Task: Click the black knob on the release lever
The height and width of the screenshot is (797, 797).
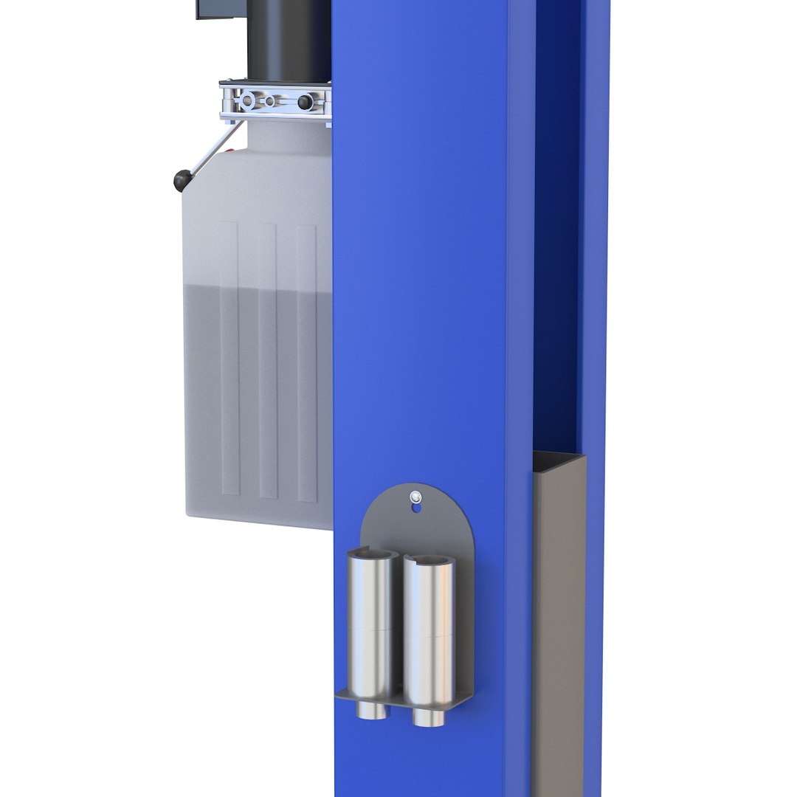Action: coord(182,180)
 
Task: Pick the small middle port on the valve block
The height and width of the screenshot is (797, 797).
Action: coord(271,101)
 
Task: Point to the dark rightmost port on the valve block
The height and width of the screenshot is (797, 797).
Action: coord(304,103)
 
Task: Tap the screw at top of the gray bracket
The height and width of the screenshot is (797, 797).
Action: coord(417,496)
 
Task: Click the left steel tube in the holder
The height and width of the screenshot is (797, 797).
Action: coord(373,627)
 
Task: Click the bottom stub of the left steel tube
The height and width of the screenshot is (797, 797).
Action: coord(373,710)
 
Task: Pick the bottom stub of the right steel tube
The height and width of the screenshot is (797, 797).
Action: coord(428,717)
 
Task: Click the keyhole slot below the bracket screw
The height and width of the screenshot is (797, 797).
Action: coord(417,507)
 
